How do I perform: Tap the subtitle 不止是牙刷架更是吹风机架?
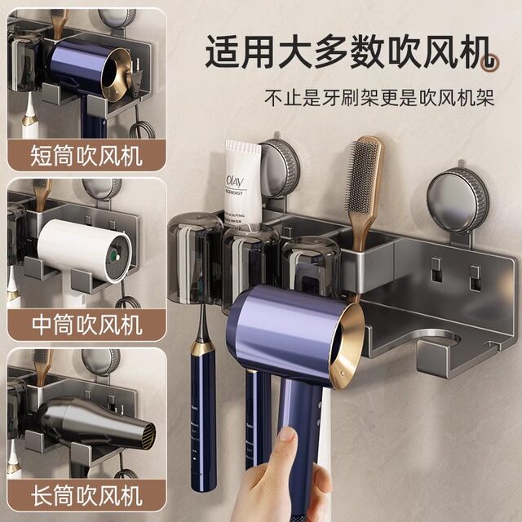tap(379, 99)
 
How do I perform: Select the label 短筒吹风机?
tap(86, 154)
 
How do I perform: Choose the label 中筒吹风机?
tap(86, 324)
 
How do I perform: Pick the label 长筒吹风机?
tap(86, 493)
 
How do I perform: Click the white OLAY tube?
tap(243, 184)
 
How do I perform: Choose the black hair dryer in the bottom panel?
tap(90, 422)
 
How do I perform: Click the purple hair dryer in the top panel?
tap(86, 69)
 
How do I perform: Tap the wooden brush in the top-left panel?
tap(58, 20)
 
